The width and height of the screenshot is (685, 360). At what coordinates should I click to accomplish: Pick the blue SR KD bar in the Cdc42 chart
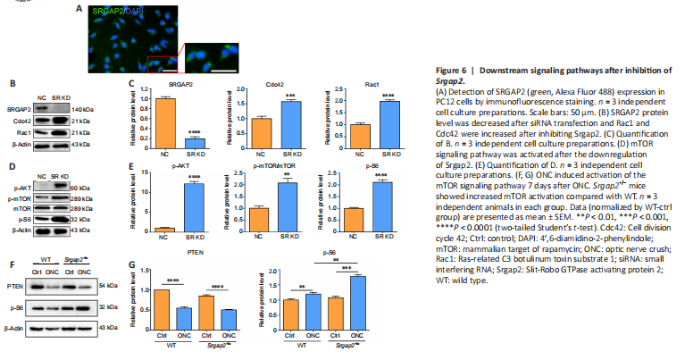tap(292, 121)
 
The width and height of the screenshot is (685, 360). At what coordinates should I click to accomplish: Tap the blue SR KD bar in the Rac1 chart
tap(388, 121)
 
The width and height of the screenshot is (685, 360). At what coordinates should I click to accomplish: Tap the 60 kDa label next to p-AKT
tap(79, 188)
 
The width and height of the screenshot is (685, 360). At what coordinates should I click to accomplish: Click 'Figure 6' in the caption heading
tap(451, 70)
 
